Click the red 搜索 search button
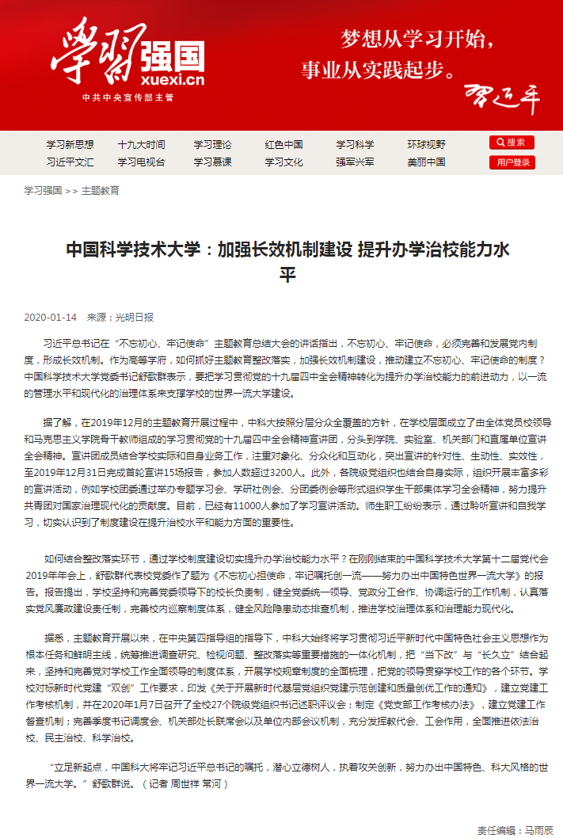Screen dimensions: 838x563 coord(512,143)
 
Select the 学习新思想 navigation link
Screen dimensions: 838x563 coord(70,145)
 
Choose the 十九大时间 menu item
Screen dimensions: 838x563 coord(141,145)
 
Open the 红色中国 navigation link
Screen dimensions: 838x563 coord(283,145)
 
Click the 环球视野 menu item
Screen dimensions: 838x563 coord(426,145)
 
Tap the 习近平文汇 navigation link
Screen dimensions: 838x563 coord(70,162)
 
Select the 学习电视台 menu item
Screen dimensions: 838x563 coord(141,162)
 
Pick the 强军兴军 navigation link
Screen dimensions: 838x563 coord(355,162)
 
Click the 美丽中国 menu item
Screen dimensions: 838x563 coord(426,162)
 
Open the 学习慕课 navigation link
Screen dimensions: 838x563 coord(212,162)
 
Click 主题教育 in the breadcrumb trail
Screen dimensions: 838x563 coord(101,191)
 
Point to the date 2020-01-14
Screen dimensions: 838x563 coord(51,317)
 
